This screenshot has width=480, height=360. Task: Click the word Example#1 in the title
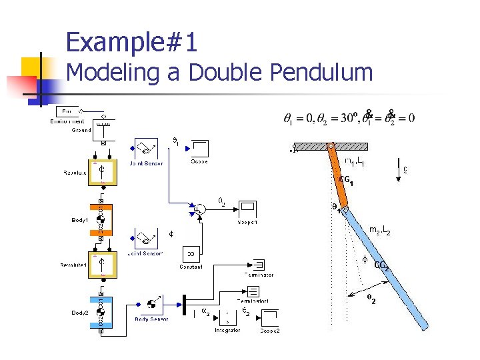[132, 43]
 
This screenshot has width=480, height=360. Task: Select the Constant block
[191, 254]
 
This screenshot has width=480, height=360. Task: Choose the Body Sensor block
[151, 304]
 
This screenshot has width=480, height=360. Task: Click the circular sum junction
[199, 209]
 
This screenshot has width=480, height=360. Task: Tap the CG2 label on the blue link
[381, 266]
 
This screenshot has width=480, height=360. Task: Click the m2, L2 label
[379, 231]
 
